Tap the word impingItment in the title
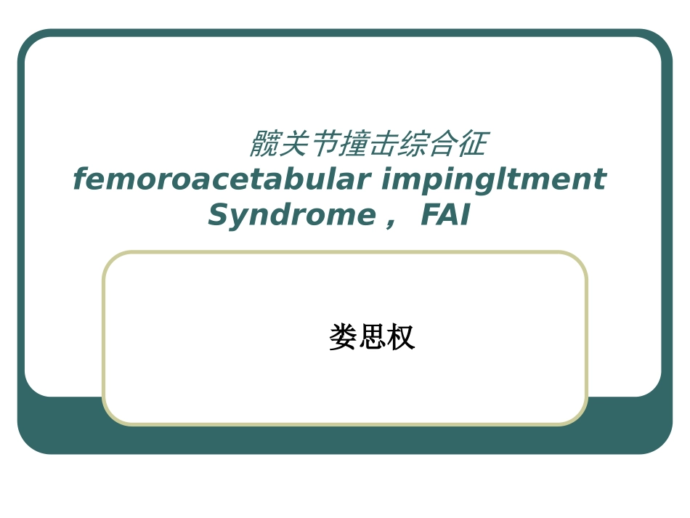[x=493, y=180]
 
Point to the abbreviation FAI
[x=445, y=216]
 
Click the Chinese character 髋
[x=263, y=145]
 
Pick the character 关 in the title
[x=292, y=145]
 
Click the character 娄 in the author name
[x=343, y=338]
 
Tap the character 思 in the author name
[x=372, y=338]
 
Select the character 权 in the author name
[x=401, y=338]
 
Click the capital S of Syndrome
[x=219, y=216]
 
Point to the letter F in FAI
[x=429, y=216]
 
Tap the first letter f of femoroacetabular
[x=79, y=180]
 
